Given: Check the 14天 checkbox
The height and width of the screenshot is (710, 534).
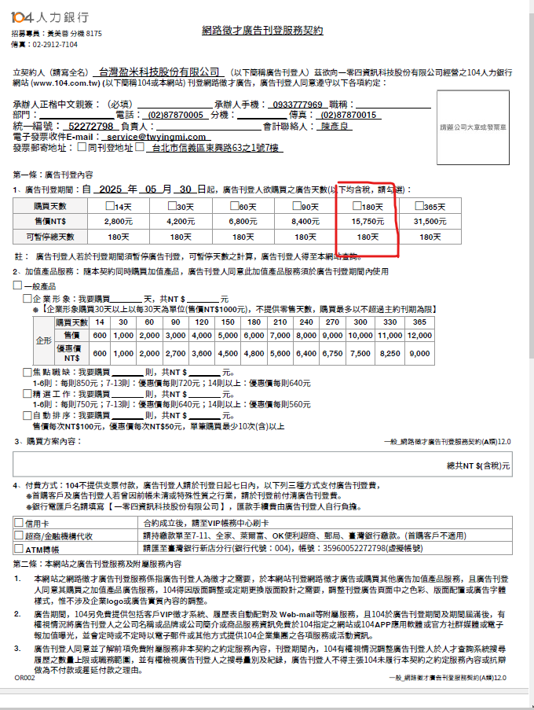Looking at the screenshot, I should (111, 206).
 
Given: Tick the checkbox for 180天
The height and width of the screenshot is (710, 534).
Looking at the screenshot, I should (357, 206).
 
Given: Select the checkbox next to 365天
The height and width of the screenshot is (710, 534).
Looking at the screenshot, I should (419, 206).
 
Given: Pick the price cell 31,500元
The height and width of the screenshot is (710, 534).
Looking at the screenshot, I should (430, 221).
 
